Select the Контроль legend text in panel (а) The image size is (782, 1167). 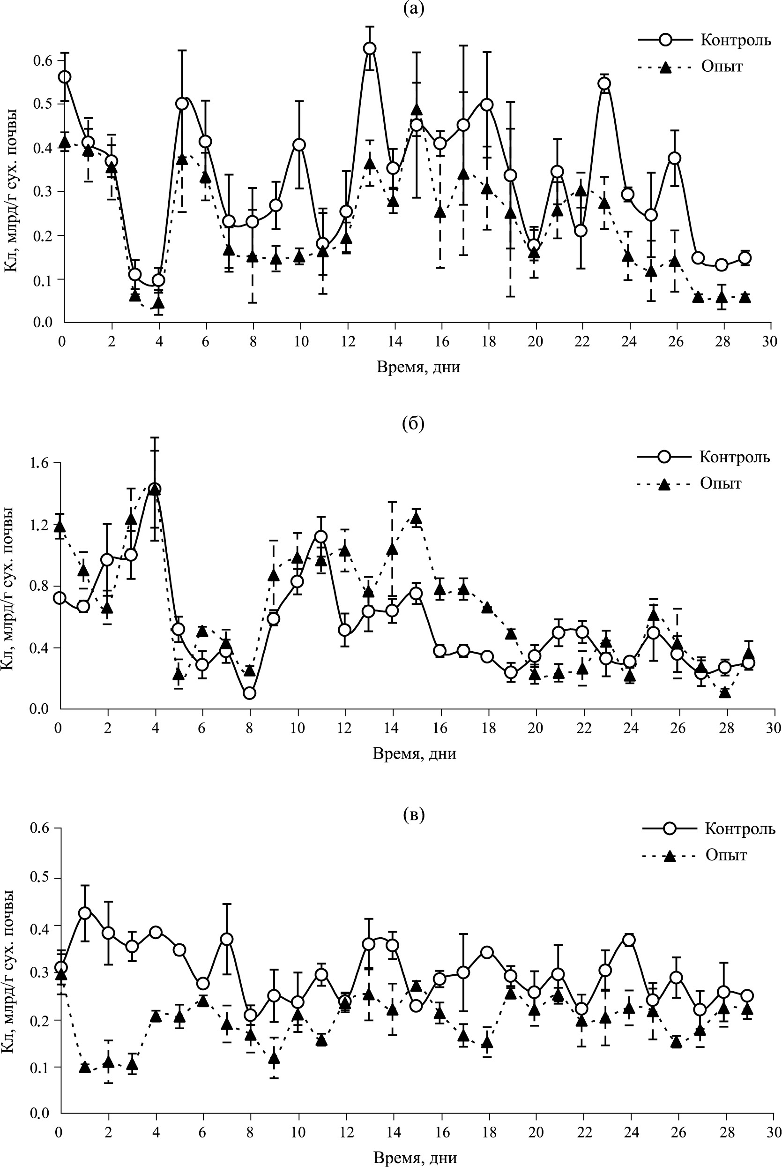click(736, 40)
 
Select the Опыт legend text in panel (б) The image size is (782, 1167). click(721, 483)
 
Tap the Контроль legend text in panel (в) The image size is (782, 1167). click(740, 829)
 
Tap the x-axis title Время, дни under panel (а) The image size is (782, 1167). click(418, 368)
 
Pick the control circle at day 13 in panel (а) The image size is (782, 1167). click(370, 48)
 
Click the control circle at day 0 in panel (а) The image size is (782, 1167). click(64, 77)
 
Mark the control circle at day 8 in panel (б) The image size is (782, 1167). click(250, 693)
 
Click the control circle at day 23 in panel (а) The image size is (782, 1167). click(604, 83)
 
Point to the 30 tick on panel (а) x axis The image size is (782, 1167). click(769, 342)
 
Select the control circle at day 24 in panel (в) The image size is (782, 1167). click(629, 940)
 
